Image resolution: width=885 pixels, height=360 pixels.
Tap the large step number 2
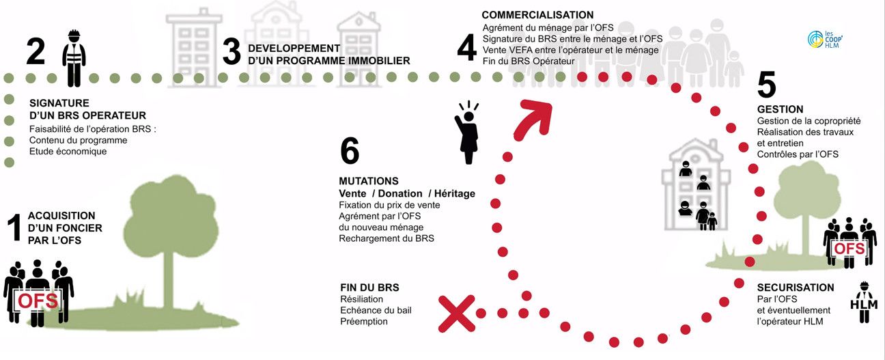tap(36, 51)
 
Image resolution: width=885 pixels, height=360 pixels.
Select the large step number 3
tap(231, 52)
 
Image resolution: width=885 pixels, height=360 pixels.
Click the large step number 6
tap(349, 151)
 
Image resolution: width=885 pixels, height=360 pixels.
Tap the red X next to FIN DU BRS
tap(457, 314)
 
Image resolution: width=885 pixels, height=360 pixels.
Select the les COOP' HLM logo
tap(822, 40)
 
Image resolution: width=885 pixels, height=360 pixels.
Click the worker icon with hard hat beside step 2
tap(73, 57)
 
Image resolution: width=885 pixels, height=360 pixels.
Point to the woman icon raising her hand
tap(468, 133)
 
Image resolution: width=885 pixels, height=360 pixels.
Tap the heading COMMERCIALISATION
tap(537, 15)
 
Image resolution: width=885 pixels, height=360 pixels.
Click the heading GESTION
tap(780, 109)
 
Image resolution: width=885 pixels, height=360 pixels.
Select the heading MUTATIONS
tap(368, 181)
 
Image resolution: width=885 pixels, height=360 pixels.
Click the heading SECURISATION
tap(795, 288)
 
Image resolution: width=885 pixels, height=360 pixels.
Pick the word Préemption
tap(363, 321)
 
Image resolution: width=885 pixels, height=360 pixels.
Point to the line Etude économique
tap(68, 152)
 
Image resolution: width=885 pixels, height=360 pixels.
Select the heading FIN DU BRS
tap(369, 288)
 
